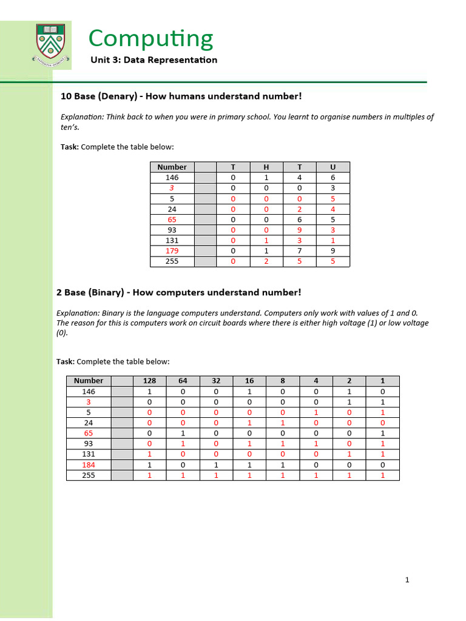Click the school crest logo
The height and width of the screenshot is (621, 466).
pyautogui.click(x=52, y=43)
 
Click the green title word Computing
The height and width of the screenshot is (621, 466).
pyautogui.click(x=150, y=39)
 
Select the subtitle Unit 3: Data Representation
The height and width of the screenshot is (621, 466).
pyautogui.click(x=154, y=59)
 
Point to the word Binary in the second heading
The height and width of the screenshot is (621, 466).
pyautogui.click(x=106, y=292)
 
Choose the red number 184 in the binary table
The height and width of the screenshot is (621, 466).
pyautogui.click(x=89, y=465)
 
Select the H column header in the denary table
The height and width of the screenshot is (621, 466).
pyautogui.click(x=266, y=167)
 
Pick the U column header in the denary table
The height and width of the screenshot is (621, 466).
pyautogui.click(x=332, y=167)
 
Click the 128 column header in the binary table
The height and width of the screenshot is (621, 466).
pyautogui.click(x=149, y=381)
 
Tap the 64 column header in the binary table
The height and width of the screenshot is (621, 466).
pyautogui.click(x=183, y=381)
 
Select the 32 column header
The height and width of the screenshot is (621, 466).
pyautogui.click(x=216, y=381)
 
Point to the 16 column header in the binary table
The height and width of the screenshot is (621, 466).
pyautogui.click(x=249, y=381)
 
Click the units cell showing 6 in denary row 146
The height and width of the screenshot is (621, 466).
pyautogui.click(x=332, y=178)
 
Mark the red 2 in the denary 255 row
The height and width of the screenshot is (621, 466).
pyautogui.click(x=266, y=262)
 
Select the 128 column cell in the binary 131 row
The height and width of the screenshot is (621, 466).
pyautogui.click(x=149, y=454)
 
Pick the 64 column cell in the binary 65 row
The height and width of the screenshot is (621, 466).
pyautogui.click(x=183, y=434)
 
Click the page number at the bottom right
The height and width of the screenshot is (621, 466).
pyautogui.click(x=407, y=580)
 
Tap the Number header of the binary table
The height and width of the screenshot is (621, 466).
pyautogui.click(x=89, y=381)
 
